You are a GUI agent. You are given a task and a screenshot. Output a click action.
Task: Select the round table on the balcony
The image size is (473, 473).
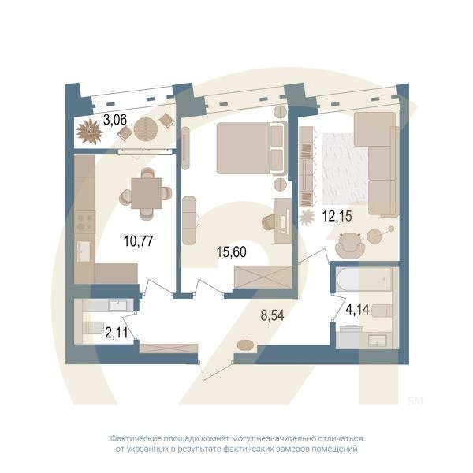pyautogui.click(x=145, y=128)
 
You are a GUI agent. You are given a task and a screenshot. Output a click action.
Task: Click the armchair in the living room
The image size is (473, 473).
pyautogui.click(x=349, y=247)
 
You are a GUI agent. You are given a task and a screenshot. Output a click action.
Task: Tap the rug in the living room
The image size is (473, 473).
pyautogui.click(x=343, y=168)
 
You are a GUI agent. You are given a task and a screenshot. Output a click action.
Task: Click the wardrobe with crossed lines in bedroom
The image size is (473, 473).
pyautogui.click(x=262, y=277)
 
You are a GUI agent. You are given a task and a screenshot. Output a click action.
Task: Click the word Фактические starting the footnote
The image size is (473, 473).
pyautogui.click(x=135, y=438)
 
